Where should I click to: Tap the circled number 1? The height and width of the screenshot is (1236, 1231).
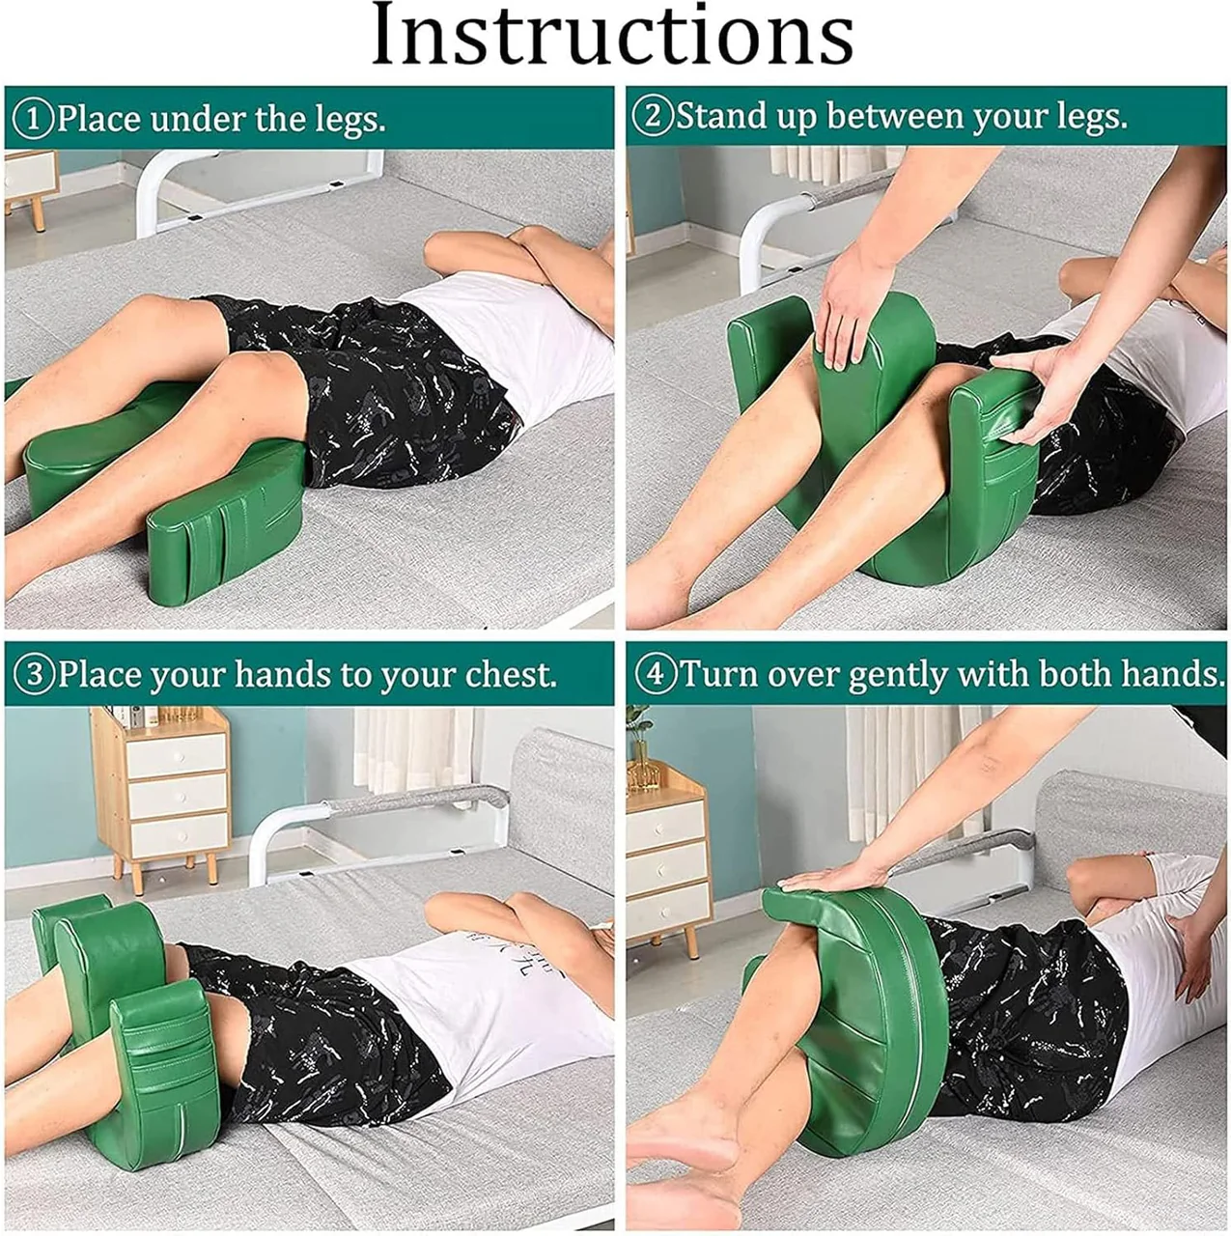pos(34,120)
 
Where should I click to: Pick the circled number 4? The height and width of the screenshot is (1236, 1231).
pos(655,675)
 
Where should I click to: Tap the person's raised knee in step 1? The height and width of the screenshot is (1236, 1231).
pos(253,372)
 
